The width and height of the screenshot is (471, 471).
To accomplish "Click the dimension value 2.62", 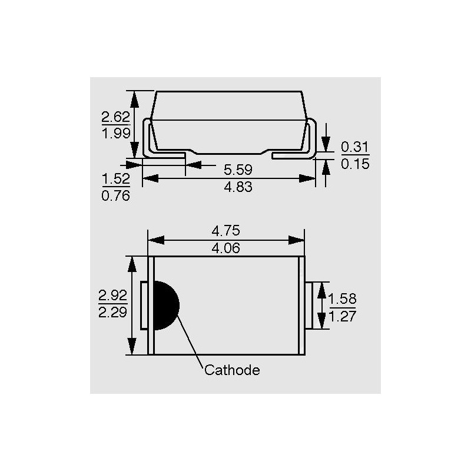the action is tap(115, 117).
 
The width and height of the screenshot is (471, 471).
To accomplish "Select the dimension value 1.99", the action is tap(116, 133).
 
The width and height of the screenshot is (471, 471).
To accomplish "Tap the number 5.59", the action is tap(238, 170).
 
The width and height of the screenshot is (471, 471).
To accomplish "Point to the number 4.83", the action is tap(238, 187).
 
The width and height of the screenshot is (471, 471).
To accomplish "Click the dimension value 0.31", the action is tap(355, 147).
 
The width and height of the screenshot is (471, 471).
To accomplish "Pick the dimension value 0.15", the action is tap(355, 164).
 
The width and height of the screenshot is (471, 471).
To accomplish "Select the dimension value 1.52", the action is tap(116, 179).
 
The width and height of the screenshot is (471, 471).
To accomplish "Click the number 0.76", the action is tap(115, 196).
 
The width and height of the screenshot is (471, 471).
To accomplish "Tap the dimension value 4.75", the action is tap(226, 231).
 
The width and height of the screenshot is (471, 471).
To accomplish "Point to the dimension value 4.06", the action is tap(226, 248).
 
